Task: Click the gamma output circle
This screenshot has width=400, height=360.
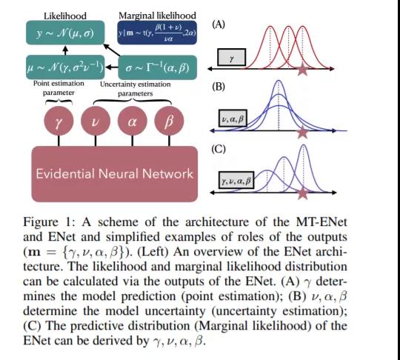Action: tap(59, 121)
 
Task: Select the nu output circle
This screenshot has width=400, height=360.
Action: tap(96, 121)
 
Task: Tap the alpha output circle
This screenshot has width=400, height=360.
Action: tap(133, 121)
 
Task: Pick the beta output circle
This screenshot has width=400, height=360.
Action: tap(169, 121)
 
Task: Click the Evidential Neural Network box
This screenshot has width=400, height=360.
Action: tap(115, 174)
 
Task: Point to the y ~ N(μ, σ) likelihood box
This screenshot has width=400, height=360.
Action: tap(65, 33)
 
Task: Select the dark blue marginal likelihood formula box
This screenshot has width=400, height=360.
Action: tap(157, 33)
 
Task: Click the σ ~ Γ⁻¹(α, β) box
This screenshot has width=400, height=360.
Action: tap(157, 67)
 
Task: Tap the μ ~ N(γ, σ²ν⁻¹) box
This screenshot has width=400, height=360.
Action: tap(65, 67)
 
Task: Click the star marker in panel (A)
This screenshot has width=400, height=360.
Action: tap(302, 69)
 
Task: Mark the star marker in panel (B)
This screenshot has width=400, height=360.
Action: tap(302, 132)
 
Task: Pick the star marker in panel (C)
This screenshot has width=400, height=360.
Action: tap(303, 193)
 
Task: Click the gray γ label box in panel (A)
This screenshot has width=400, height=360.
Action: tap(232, 57)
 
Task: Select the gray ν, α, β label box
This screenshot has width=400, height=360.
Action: tap(233, 119)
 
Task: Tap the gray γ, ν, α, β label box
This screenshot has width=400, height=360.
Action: tap(236, 181)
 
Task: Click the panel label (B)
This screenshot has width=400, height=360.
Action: tap(219, 87)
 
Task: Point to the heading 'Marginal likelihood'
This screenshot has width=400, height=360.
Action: tap(157, 16)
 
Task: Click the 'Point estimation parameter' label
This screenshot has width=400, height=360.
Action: tap(59, 88)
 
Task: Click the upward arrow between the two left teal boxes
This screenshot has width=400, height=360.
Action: tap(66, 50)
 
